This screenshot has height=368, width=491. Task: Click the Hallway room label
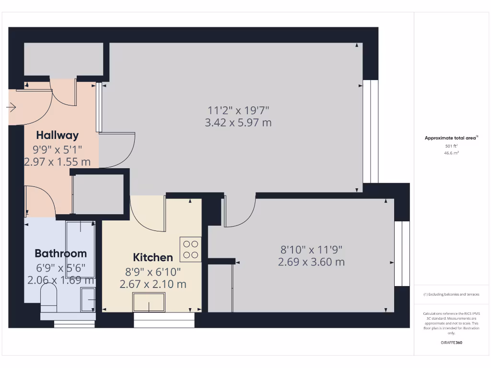tap(57, 135)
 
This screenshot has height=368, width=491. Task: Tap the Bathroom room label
tap(60, 253)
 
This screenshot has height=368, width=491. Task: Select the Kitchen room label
tap(152, 257)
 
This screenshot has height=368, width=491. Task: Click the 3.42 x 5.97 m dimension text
tap(238, 123)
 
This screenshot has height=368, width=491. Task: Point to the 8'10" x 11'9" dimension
tap(311, 250)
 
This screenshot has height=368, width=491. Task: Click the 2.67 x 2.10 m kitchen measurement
tap(152, 284)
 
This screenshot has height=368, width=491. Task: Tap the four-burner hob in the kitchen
tap(190, 249)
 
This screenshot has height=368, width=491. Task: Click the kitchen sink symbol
tap(149, 302)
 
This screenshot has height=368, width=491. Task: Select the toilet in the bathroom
tap(48, 296)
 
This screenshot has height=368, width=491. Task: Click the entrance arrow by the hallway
tap(11, 108)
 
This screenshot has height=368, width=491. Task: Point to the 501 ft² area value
tap(451, 146)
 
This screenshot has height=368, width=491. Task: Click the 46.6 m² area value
tap(451, 153)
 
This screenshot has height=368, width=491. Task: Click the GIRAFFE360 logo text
tap(451, 343)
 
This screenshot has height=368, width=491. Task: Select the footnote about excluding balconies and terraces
tap(451, 294)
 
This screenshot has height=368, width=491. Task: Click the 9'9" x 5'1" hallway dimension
tap(57, 149)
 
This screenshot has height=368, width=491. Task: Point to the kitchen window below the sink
tap(164, 320)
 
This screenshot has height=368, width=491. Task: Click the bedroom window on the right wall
tap(402, 253)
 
